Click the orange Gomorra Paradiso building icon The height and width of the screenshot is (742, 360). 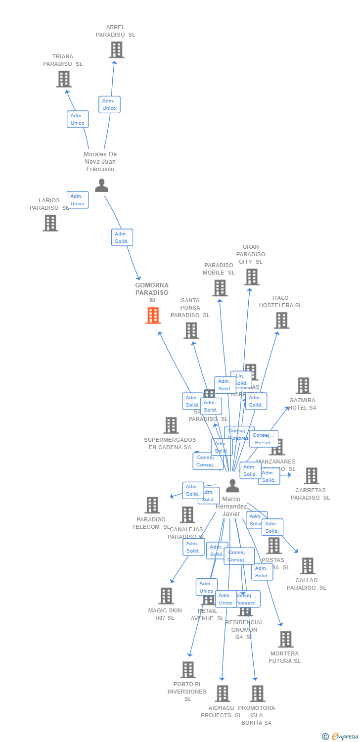[153, 316]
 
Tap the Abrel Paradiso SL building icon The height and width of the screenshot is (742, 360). [116, 50]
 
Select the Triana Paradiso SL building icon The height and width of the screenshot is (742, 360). [64, 79]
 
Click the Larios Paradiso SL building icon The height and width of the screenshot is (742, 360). [50, 223]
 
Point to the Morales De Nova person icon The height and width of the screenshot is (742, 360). [101, 185]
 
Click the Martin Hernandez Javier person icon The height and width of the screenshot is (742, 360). [232, 486]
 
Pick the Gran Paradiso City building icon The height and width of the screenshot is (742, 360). [251, 277]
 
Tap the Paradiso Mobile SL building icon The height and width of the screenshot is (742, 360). [220, 288]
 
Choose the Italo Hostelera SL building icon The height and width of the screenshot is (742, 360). [281, 321]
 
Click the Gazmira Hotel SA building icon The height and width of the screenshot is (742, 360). [303, 386]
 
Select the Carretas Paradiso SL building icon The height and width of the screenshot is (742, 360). [311, 476]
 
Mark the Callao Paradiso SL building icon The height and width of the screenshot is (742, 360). [307, 566]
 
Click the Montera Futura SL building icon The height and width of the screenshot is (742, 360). [285, 639]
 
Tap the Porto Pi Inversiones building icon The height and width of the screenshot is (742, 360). [188, 670]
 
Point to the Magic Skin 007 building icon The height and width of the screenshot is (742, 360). [166, 596]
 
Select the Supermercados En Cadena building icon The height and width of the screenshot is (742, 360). [171, 425]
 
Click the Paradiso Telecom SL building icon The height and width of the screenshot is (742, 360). [152, 505]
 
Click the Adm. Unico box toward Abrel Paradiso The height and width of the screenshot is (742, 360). [109, 104]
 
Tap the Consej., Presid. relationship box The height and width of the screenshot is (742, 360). [264, 439]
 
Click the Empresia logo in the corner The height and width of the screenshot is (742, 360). [341, 737]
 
